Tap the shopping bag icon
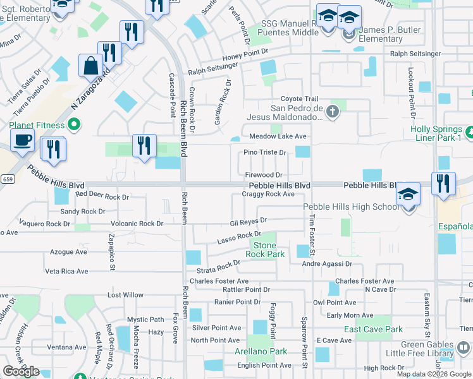tap(91, 65)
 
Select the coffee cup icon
tap(22, 140)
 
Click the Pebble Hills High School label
tap(351, 207)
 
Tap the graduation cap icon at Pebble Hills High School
tap(408, 195)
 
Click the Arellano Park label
tap(266, 351)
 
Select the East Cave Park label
tap(373, 329)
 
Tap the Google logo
tap(21, 371)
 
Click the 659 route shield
tap(7, 178)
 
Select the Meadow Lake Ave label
tap(278, 136)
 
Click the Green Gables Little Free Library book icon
tap(464, 347)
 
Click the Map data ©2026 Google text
tap(434, 374)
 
